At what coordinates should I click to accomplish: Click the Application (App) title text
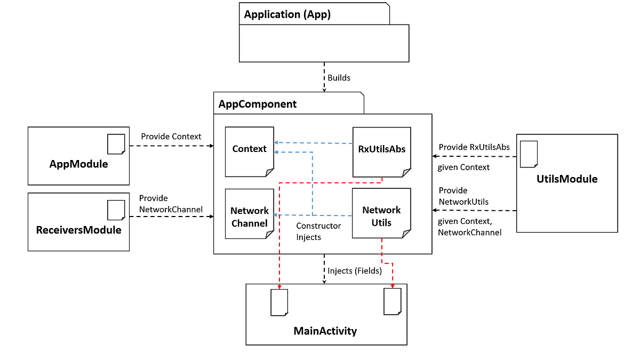click(x=287, y=14)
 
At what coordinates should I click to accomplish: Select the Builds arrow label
click(x=339, y=78)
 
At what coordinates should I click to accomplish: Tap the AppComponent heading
click(x=258, y=104)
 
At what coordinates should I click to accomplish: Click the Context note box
click(x=250, y=151)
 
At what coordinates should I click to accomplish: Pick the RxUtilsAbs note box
click(x=382, y=152)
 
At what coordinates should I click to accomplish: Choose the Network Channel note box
click(x=250, y=214)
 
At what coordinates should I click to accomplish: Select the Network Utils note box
click(x=381, y=213)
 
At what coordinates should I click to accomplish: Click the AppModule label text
click(x=78, y=164)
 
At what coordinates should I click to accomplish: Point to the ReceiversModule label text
click(x=78, y=230)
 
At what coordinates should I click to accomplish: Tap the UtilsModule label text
click(x=567, y=179)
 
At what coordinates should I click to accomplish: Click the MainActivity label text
click(x=325, y=331)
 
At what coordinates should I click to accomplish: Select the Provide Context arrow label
click(x=171, y=137)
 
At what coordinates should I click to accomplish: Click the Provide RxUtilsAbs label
click(x=474, y=147)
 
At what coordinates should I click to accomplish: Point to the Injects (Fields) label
click(x=355, y=271)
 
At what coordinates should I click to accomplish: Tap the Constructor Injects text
click(x=318, y=231)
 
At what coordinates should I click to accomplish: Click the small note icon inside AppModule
click(x=116, y=144)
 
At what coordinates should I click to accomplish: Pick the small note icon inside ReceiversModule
click(x=116, y=210)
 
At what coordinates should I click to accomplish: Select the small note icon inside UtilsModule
click(x=529, y=154)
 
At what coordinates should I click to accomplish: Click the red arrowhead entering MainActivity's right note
click(x=393, y=286)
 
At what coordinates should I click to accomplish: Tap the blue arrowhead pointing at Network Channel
click(x=276, y=215)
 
